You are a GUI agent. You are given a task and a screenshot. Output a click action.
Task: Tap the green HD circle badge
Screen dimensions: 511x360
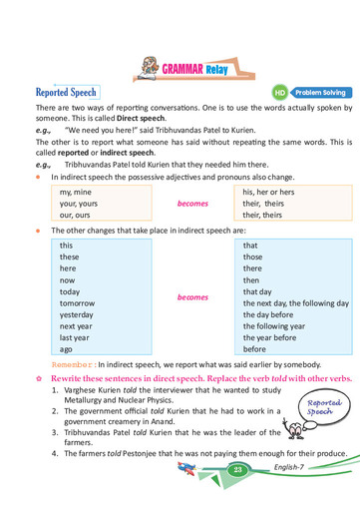tap(280, 92)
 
